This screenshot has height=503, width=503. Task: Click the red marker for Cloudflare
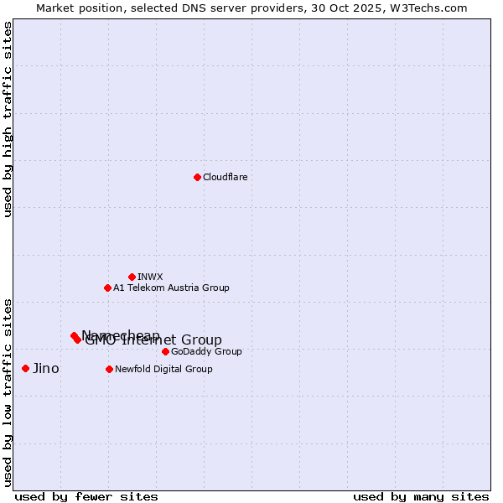coord(197,177)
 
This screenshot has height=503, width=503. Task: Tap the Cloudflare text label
coord(226,178)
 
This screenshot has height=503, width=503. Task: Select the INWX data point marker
coord(132,277)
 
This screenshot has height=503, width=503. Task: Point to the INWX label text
coord(150,277)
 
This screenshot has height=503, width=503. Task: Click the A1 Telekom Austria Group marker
coord(107,288)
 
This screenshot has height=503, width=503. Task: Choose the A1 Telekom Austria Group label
coord(171,288)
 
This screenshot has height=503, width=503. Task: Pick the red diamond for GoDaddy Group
coord(165,351)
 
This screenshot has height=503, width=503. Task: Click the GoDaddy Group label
coord(206,352)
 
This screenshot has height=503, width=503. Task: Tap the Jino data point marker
coord(25,368)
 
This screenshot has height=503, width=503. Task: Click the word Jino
coord(46,369)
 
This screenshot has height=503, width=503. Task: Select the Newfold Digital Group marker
coord(109,369)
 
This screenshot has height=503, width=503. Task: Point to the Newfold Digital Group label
coord(163,370)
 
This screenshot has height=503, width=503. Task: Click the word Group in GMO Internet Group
coord(202,340)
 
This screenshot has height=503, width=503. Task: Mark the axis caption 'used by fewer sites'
coord(86,496)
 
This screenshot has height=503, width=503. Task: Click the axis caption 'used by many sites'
coord(421,496)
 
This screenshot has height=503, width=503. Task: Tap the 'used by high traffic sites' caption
coord(8,119)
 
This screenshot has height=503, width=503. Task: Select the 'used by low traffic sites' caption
coord(8,392)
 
